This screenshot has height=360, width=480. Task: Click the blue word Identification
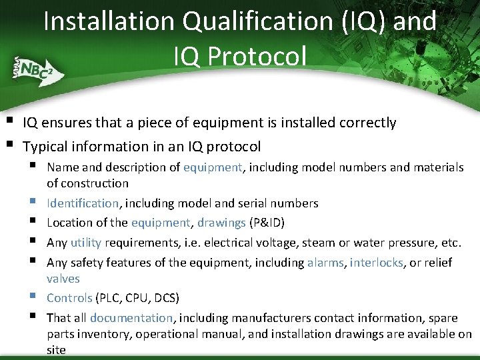click(x=83, y=203)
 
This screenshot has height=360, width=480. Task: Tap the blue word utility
click(x=85, y=243)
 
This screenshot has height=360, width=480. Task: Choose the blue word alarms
click(x=325, y=263)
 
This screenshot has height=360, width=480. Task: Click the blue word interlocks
click(x=377, y=263)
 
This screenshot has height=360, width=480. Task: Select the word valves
click(x=63, y=279)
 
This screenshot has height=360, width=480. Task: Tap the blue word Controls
click(x=69, y=297)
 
